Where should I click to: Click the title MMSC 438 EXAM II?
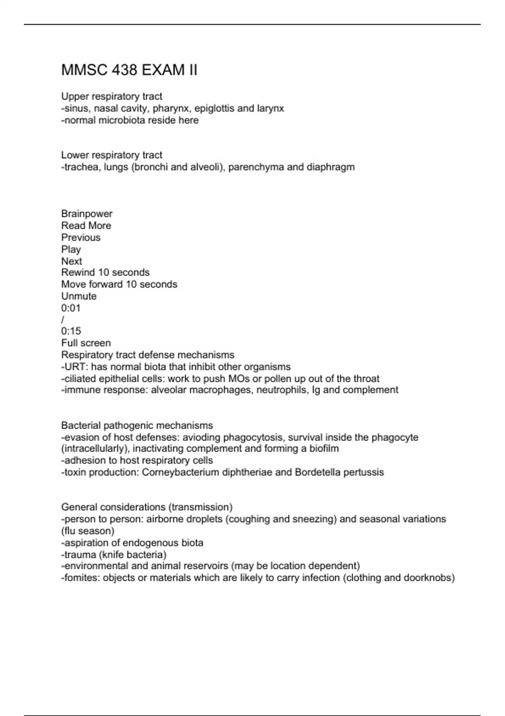[x=129, y=70]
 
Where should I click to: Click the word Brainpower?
[x=87, y=214]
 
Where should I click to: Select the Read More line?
[x=86, y=226]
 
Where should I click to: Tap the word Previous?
[x=81, y=238]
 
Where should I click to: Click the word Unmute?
[x=79, y=297]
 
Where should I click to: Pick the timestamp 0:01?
[x=71, y=308]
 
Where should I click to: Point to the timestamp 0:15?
[x=71, y=331]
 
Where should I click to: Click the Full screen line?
[x=86, y=343]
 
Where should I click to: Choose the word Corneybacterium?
[x=183, y=473]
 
